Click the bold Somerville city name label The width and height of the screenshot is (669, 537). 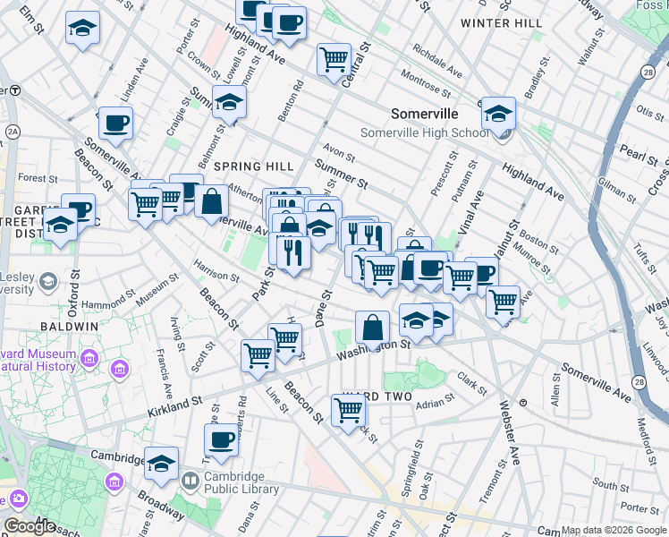coord(425,114)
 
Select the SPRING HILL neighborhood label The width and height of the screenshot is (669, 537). coord(254,166)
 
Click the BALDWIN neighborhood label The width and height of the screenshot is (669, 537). coord(68,327)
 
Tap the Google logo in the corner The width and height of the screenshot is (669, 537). coord(30,526)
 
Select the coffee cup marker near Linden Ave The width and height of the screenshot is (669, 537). coord(115,123)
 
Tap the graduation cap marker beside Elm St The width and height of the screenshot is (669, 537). coord(82,28)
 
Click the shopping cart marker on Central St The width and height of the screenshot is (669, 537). coord(334,59)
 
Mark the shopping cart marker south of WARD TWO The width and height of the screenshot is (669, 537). coord(348,410)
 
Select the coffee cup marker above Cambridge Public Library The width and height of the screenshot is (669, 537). coord(222,439)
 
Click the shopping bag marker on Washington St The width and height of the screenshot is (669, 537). coord(373,328)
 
